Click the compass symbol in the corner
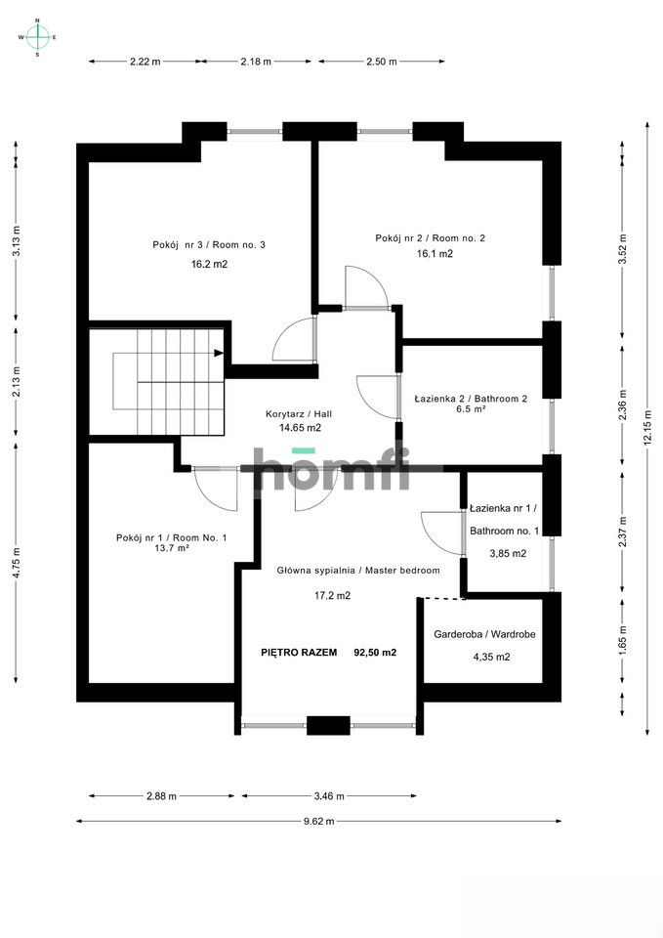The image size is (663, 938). [x=37, y=37]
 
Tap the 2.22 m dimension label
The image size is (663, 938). [x=145, y=61]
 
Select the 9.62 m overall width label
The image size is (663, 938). [x=318, y=821]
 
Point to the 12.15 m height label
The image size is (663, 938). [x=647, y=427]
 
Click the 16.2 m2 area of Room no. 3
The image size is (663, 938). [x=209, y=264]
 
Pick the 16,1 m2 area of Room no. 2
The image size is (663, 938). [x=435, y=254]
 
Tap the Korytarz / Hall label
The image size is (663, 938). [x=299, y=414]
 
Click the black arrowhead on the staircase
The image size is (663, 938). [x=219, y=353]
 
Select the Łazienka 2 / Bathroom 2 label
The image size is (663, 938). [x=471, y=399]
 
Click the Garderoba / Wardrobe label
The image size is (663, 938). [x=485, y=634]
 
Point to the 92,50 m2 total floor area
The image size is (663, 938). [x=376, y=653]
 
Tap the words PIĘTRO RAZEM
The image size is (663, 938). [x=299, y=653]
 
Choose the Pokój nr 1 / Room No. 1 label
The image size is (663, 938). [x=172, y=537]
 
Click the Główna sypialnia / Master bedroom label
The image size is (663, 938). [x=358, y=570]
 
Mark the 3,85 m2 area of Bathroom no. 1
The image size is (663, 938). [x=508, y=554]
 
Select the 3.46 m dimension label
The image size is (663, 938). [x=329, y=795]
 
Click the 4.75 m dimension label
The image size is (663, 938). [x=17, y=563]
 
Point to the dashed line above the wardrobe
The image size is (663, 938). [x=441, y=598]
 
